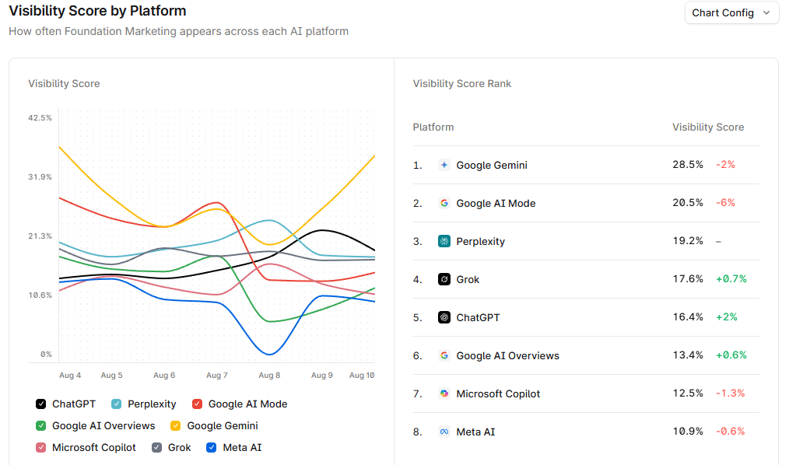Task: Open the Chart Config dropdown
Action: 731,13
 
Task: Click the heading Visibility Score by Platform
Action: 97,12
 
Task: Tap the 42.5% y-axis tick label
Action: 40,118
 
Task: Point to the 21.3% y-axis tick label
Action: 40,236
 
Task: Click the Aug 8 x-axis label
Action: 269,376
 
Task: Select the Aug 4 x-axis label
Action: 70,376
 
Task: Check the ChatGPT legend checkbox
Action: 40,404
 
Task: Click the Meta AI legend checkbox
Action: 212,448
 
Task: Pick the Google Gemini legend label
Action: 223,426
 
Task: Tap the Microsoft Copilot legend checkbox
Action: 40,448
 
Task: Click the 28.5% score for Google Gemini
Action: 688,165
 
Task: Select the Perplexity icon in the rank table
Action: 444,241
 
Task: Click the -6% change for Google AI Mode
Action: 725,203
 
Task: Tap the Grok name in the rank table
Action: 468,279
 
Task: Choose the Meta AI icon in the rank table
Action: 444,432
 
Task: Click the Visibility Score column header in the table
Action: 708,127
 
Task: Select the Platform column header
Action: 433,127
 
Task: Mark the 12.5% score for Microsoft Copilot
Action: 688,393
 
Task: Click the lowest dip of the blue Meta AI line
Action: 269,355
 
